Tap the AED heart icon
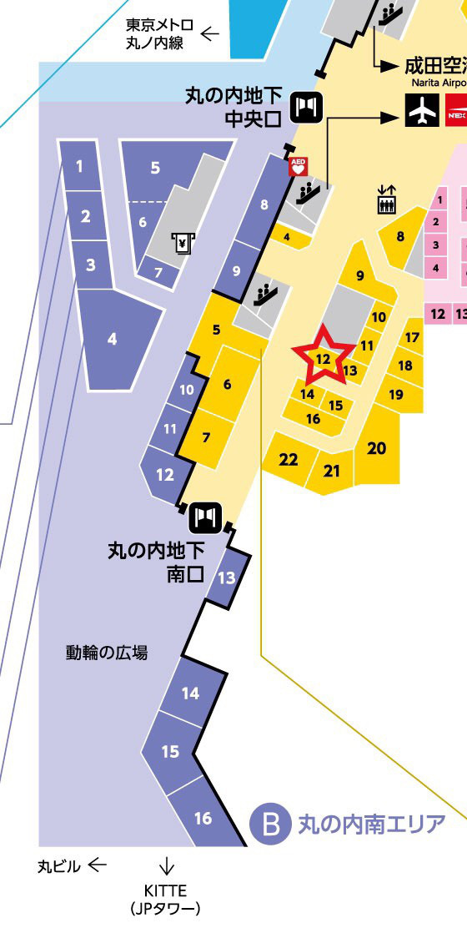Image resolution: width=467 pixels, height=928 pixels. [298, 167]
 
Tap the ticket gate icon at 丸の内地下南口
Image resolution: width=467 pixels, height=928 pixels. [204, 517]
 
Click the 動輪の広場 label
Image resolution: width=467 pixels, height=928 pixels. [107, 653]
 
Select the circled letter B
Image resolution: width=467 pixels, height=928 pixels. [269, 825]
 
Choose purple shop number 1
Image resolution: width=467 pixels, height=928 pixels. [80, 166]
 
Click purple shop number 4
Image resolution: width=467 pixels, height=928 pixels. [112, 340]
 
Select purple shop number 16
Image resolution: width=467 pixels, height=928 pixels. [203, 818]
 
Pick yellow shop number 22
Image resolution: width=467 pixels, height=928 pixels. [289, 460]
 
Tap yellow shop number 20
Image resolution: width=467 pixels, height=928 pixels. [377, 448]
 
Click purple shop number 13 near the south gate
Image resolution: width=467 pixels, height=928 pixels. [226, 577]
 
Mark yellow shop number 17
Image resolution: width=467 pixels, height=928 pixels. [411, 337]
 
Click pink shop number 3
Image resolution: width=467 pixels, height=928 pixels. [435, 245]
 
